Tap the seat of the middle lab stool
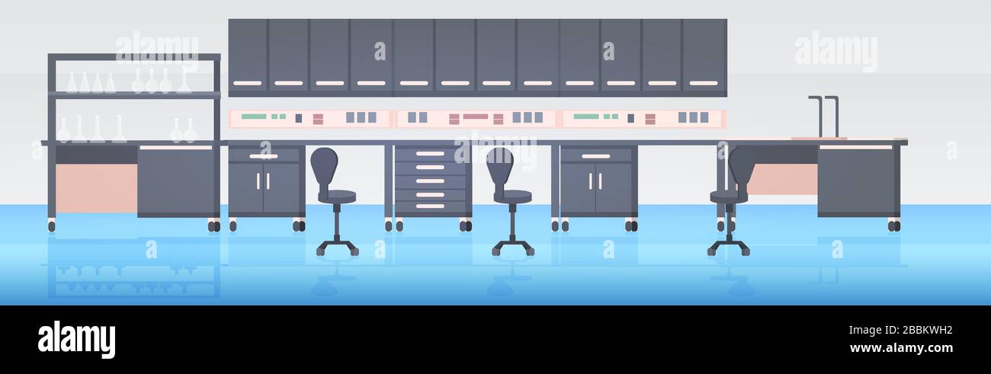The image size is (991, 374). (512, 196)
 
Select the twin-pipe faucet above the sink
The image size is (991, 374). (823, 117)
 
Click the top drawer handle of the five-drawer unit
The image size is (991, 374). (430, 154)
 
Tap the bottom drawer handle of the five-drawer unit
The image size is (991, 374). (430, 206)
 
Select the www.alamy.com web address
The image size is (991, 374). (901, 348)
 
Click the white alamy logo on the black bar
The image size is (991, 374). (76, 340)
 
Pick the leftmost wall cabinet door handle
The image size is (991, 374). (248, 83)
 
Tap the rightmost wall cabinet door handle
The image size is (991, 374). (704, 83)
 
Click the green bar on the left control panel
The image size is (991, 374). (254, 117)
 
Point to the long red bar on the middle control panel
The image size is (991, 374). (476, 117)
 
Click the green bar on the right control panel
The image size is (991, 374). (586, 117)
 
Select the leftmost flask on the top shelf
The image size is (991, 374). (71, 83)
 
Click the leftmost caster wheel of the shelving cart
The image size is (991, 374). (52, 226)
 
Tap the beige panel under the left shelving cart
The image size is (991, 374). (97, 188)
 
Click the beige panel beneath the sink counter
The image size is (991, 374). (781, 179)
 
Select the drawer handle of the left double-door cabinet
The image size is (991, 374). (263, 156)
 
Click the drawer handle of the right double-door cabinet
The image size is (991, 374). (595, 156)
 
